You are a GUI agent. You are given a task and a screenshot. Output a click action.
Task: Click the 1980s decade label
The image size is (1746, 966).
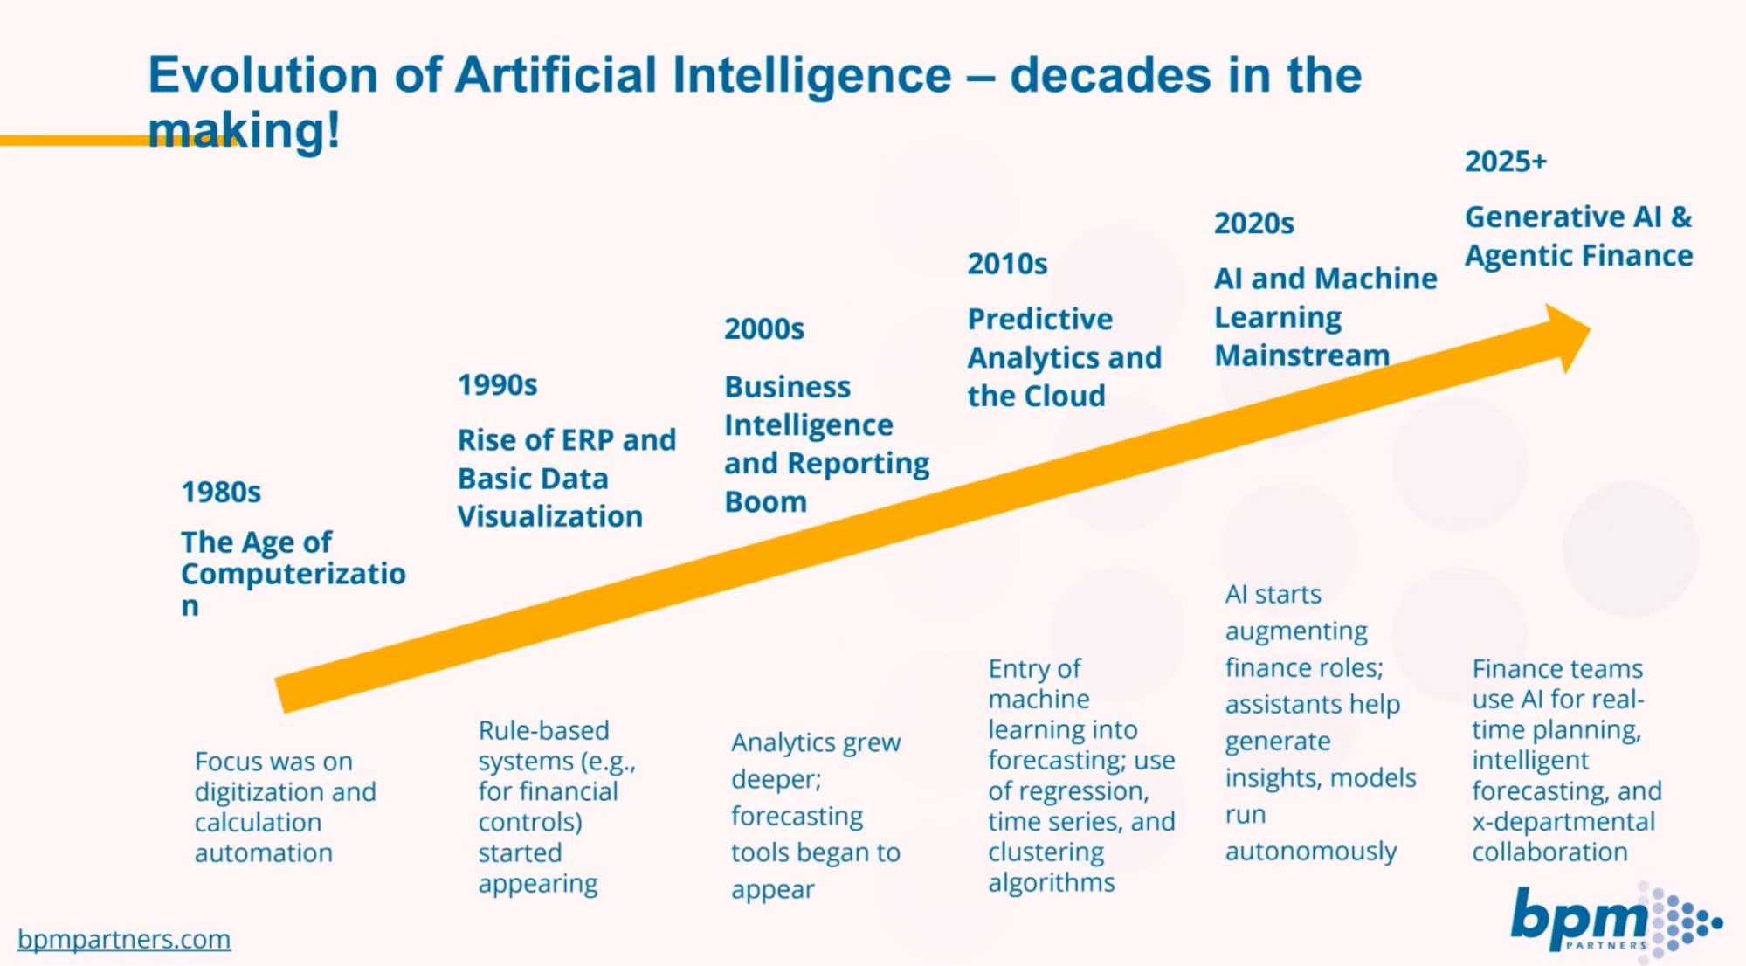point(221,493)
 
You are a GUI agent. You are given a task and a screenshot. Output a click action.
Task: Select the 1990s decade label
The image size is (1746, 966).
point(497,385)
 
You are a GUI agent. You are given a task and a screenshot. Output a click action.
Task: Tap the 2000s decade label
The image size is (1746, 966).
point(763,329)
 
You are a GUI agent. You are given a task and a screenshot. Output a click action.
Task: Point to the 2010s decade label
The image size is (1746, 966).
point(1006,264)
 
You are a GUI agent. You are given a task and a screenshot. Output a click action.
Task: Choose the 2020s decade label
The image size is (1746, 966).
point(1253,224)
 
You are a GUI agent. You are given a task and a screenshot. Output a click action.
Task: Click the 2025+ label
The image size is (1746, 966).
point(1505,162)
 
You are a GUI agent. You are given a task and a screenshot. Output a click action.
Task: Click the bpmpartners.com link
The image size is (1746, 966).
point(124,939)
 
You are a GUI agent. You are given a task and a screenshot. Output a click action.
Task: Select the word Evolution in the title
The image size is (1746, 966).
point(263,75)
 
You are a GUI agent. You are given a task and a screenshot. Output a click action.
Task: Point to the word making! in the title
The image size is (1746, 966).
point(244,131)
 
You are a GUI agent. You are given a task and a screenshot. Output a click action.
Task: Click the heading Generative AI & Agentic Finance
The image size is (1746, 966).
point(1577,236)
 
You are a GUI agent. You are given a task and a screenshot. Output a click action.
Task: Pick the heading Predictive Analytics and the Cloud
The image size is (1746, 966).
point(1063,357)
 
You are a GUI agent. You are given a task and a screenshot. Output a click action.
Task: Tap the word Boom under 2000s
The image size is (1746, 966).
point(765,502)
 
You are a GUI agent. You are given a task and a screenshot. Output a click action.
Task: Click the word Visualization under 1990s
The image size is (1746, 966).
point(549,517)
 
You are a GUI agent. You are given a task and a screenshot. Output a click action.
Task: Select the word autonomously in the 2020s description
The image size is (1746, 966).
point(1310,851)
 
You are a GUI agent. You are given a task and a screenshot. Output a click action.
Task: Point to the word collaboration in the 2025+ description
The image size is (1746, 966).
point(1549,852)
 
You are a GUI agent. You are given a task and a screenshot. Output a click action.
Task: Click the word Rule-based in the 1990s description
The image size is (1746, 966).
point(543,730)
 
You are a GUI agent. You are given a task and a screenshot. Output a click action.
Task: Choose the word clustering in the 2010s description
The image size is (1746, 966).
point(1046,852)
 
